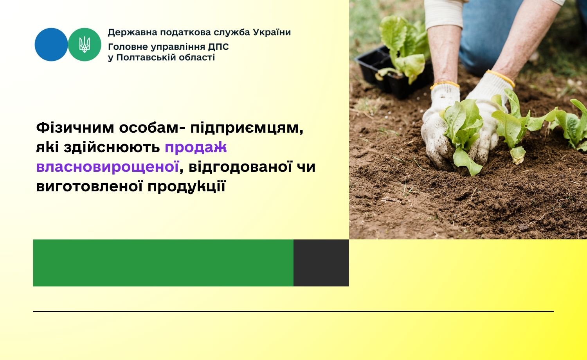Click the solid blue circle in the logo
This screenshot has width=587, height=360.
pyautogui.click(x=51, y=45)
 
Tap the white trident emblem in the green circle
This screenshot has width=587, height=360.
pyautogui.click(x=85, y=45)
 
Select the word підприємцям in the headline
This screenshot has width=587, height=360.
pyautogui.click(x=247, y=128)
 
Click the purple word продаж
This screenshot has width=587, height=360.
pyautogui.click(x=196, y=148)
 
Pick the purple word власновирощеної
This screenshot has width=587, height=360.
pyautogui.click(x=108, y=167)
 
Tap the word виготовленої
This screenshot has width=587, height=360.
pyautogui.click(x=90, y=186)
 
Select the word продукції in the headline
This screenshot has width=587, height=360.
pyautogui.click(x=186, y=187)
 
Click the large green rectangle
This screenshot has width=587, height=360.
pyautogui.click(x=163, y=263)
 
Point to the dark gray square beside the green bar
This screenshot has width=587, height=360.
pyautogui.click(x=321, y=263)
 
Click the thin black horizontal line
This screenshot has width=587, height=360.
pyautogui.click(x=293, y=311)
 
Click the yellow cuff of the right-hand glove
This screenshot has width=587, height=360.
pyautogui.click(x=501, y=77)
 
